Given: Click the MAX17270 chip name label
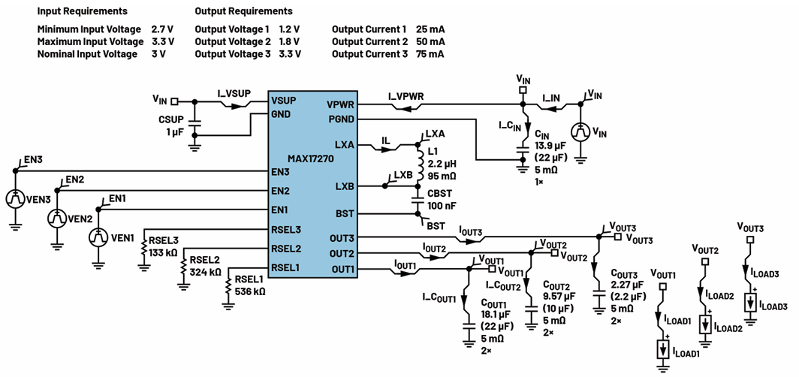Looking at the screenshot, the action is pyautogui.click(x=310, y=159).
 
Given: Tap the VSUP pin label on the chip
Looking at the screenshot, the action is pyautogui.click(x=283, y=100).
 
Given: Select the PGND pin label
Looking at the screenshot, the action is pyautogui.click(x=342, y=119).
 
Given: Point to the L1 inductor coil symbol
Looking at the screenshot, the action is pyautogui.click(x=420, y=165).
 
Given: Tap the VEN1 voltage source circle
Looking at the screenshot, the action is pyautogui.click(x=98, y=237).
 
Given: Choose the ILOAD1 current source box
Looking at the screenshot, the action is pyautogui.click(x=662, y=349).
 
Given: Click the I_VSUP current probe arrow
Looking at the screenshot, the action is pyautogui.click(x=235, y=106).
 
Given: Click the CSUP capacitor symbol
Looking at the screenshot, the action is pyautogui.click(x=193, y=122).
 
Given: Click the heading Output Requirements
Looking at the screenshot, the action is pyautogui.click(x=243, y=11).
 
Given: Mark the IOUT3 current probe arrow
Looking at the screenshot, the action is pyautogui.click(x=471, y=238).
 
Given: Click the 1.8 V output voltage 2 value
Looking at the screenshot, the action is pyautogui.click(x=290, y=41).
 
